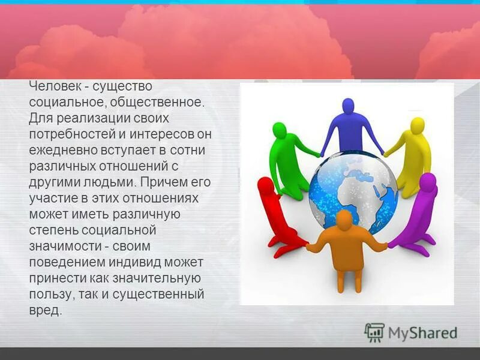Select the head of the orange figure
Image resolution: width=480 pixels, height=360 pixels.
pos(344,220)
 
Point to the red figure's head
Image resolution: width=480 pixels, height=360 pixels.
pos(265,185)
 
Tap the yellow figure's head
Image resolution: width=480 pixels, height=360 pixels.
pos(417,126)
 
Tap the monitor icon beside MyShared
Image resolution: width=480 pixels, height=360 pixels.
pos(374,332)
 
